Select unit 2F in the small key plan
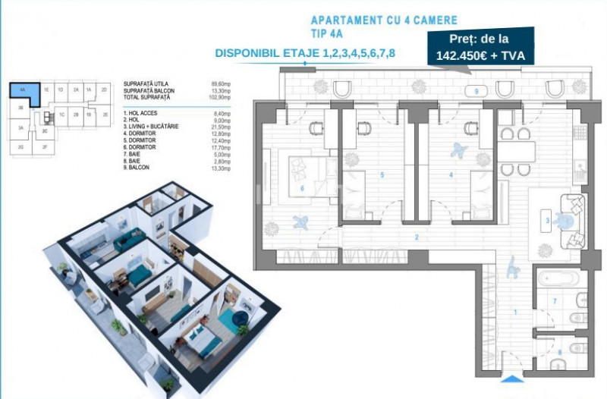(x=46, y=146)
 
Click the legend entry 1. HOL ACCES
(x=140, y=112)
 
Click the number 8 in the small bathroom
(x=560, y=351)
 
